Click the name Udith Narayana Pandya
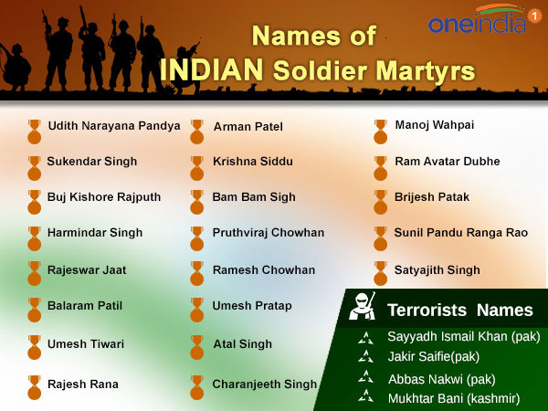pyautogui.click(x=113, y=126)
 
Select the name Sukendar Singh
pyautogui.click(x=92, y=162)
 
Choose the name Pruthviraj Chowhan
pyautogui.click(x=269, y=233)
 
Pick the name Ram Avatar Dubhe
pyautogui.click(x=448, y=162)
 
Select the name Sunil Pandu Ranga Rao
pyautogui.click(x=461, y=233)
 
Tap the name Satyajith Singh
pyautogui.click(x=437, y=270)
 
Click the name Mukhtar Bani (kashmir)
pyautogui.click(x=454, y=397)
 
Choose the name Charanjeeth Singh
pyautogui.click(x=265, y=385)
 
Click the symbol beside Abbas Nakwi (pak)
pyautogui.click(x=366, y=377)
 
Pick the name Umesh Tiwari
pyautogui.click(x=86, y=344)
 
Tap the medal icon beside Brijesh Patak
pyautogui.click(x=379, y=200)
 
